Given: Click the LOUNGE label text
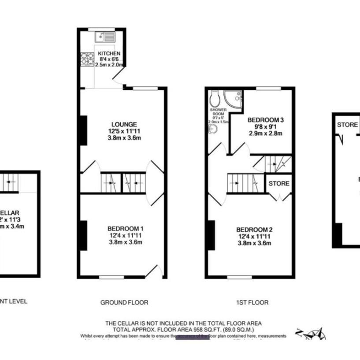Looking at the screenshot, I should (x=124, y=124).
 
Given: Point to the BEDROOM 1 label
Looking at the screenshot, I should (x=125, y=228).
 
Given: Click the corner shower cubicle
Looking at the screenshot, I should (x=232, y=97).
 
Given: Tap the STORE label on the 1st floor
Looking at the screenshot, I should (x=278, y=183).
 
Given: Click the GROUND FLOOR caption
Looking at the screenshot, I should (x=124, y=302).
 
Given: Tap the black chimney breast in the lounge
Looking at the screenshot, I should (x=83, y=130).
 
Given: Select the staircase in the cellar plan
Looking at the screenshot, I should (x=10, y=181).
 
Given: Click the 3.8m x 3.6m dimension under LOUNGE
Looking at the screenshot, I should (x=124, y=137).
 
